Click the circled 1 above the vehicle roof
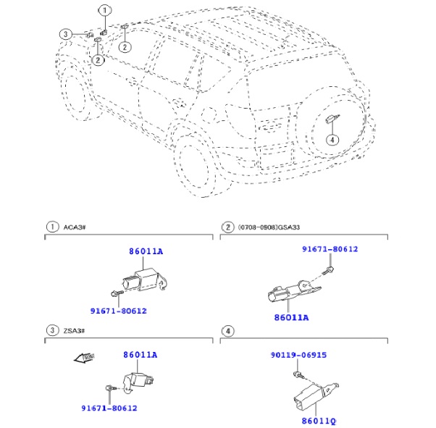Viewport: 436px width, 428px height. coord(105,10)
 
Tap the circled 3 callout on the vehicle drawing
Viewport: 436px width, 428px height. coord(65,34)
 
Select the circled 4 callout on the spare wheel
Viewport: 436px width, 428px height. coord(331,140)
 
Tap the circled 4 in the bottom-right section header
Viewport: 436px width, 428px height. coord(227,331)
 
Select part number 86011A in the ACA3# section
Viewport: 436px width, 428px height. coord(146,251)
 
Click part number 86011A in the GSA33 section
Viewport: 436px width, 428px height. coord(291,317)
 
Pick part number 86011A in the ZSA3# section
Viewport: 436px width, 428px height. coord(140,355)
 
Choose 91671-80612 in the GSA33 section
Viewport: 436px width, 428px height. coord(330,249)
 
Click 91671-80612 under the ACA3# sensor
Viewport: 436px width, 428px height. coord(118,311)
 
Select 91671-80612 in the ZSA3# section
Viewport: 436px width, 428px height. coord(109,408)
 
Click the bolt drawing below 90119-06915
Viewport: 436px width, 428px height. coord(298,374)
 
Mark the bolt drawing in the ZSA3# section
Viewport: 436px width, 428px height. coord(109,389)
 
